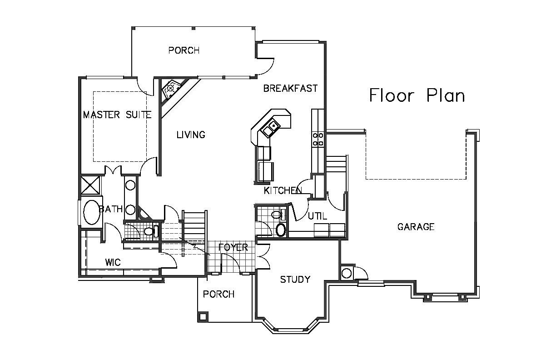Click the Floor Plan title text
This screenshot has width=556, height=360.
coord(417,95)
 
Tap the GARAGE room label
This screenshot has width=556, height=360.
coord(416,227)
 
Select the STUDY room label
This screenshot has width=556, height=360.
coord(295,280)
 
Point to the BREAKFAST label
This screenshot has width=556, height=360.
coord(290,89)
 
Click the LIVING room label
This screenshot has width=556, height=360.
coord(191,135)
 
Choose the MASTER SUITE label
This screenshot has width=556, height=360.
coord(117,115)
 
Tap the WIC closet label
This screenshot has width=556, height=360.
coord(113,262)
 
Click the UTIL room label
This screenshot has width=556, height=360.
coord(318,216)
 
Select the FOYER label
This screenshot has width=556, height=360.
coord(233,247)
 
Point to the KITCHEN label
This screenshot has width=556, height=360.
coord(283,190)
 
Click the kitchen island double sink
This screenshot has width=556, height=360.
coord(271,127)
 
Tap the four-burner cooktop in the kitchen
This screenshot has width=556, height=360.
coord(318,139)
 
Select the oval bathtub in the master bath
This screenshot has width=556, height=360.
coord(92,213)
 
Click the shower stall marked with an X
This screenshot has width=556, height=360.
coord(90,185)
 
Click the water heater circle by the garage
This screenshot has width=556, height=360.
coord(347,273)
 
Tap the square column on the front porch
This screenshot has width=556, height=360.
coord(203,317)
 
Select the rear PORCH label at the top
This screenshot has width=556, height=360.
coord(184,50)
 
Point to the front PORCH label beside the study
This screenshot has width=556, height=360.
coord(218,294)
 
